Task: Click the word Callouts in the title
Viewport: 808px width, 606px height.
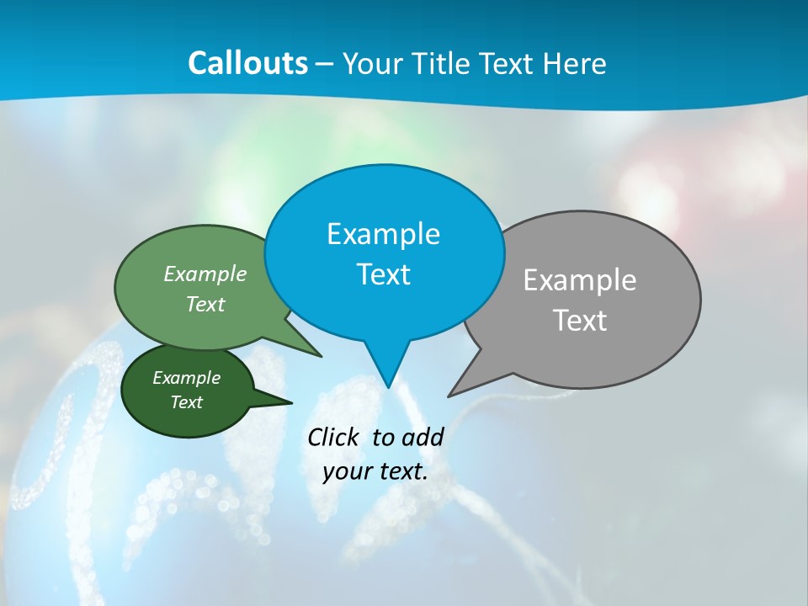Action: (x=247, y=63)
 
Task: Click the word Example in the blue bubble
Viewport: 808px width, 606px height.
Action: (x=383, y=234)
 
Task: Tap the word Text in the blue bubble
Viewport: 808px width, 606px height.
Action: (x=383, y=274)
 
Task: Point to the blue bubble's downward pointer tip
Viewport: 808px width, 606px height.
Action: (x=388, y=385)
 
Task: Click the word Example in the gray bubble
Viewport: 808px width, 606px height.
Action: (x=580, y=280)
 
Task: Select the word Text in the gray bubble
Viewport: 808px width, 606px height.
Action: (x=580, y=321)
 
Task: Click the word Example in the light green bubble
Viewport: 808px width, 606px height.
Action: (x=205, y=274)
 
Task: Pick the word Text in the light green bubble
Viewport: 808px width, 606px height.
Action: (x=205, y=304)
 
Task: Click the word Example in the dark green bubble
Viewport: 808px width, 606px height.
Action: (x=187, y=378)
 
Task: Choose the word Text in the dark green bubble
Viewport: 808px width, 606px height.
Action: (x=187, y=402)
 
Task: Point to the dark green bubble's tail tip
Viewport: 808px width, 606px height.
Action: (x=290, y=402)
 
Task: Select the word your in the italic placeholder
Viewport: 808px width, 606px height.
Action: (x=348, y=471)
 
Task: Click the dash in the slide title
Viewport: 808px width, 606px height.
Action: (x=326, y=63)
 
